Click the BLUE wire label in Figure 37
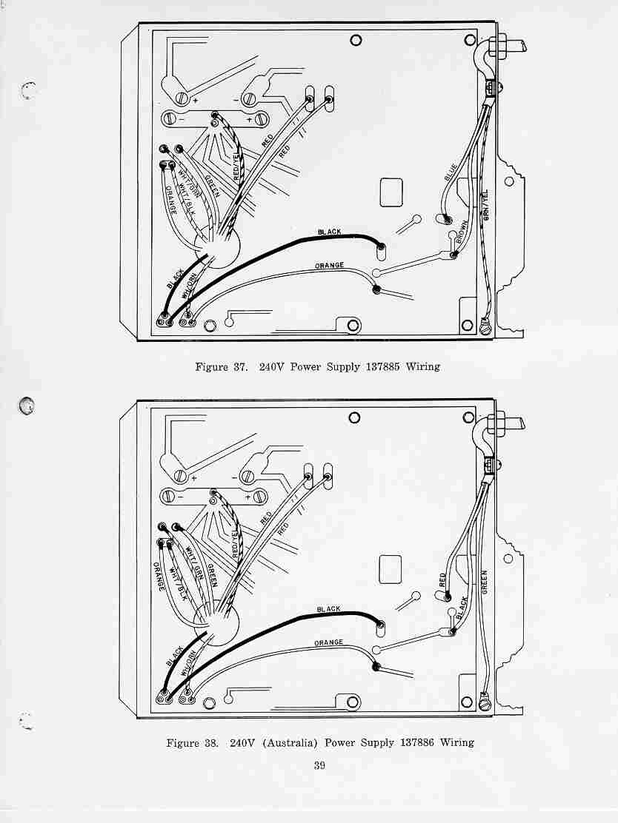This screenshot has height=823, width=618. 451,172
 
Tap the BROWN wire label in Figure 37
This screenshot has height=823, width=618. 462,231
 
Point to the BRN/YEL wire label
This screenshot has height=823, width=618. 486,205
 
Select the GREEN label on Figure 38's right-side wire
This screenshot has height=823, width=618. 484,582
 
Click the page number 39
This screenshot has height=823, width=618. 319,765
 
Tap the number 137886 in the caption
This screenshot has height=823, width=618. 417,742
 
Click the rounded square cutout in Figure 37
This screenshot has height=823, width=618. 391,192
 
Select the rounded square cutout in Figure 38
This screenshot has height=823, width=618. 391,569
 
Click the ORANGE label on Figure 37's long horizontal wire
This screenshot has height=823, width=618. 330,266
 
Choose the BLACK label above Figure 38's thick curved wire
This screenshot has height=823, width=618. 328,609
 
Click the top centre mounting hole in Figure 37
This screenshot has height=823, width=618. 356,40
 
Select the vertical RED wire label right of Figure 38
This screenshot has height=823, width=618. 442,580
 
